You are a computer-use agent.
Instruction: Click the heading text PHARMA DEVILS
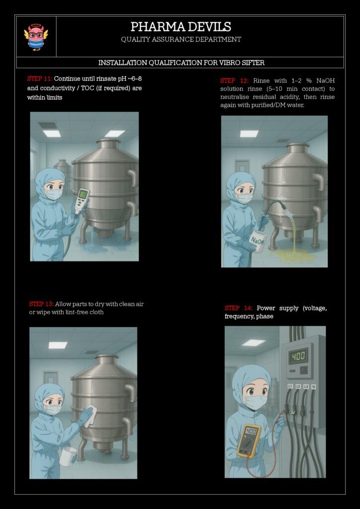click(x=181, y=27)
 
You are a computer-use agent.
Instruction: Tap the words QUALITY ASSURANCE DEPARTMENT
click(x=181, y=40)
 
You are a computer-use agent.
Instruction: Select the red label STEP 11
click(x=40, y=79)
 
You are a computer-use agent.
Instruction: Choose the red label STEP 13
click(x=41, y=305)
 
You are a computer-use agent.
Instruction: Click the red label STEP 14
click(x=238, y=308)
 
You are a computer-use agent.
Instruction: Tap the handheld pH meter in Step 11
click(x=82, y=201)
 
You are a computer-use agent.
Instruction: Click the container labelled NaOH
click(x=258, y=241)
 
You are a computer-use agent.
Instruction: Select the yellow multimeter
click(x=249, y=441)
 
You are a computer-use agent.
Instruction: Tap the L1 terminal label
click(x=290, y=386)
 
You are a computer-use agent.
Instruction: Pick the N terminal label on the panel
click(x=313, y=387)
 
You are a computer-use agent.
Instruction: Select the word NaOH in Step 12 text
click(x=326, y=81)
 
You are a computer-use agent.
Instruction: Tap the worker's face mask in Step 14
click(x=256, y=402)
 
